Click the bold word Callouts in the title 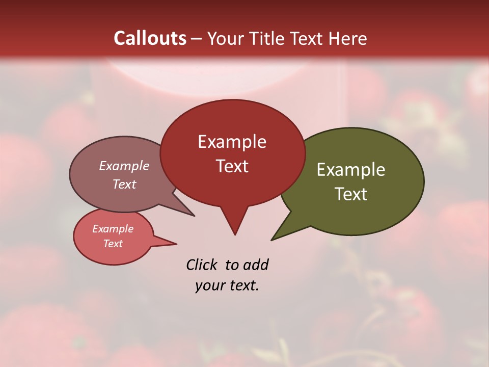point(150,38)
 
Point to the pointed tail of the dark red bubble point(234,227)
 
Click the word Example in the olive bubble point(351,170)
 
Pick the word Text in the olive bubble point(351,194)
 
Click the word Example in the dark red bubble point(232,142)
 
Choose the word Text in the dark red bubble point(232,166)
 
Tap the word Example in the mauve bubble point(124,166)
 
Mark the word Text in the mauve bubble point(124,184)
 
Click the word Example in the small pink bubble point(113,229)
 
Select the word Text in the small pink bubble point(113,244)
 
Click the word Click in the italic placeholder point(202,265)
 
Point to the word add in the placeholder point(256,265)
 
